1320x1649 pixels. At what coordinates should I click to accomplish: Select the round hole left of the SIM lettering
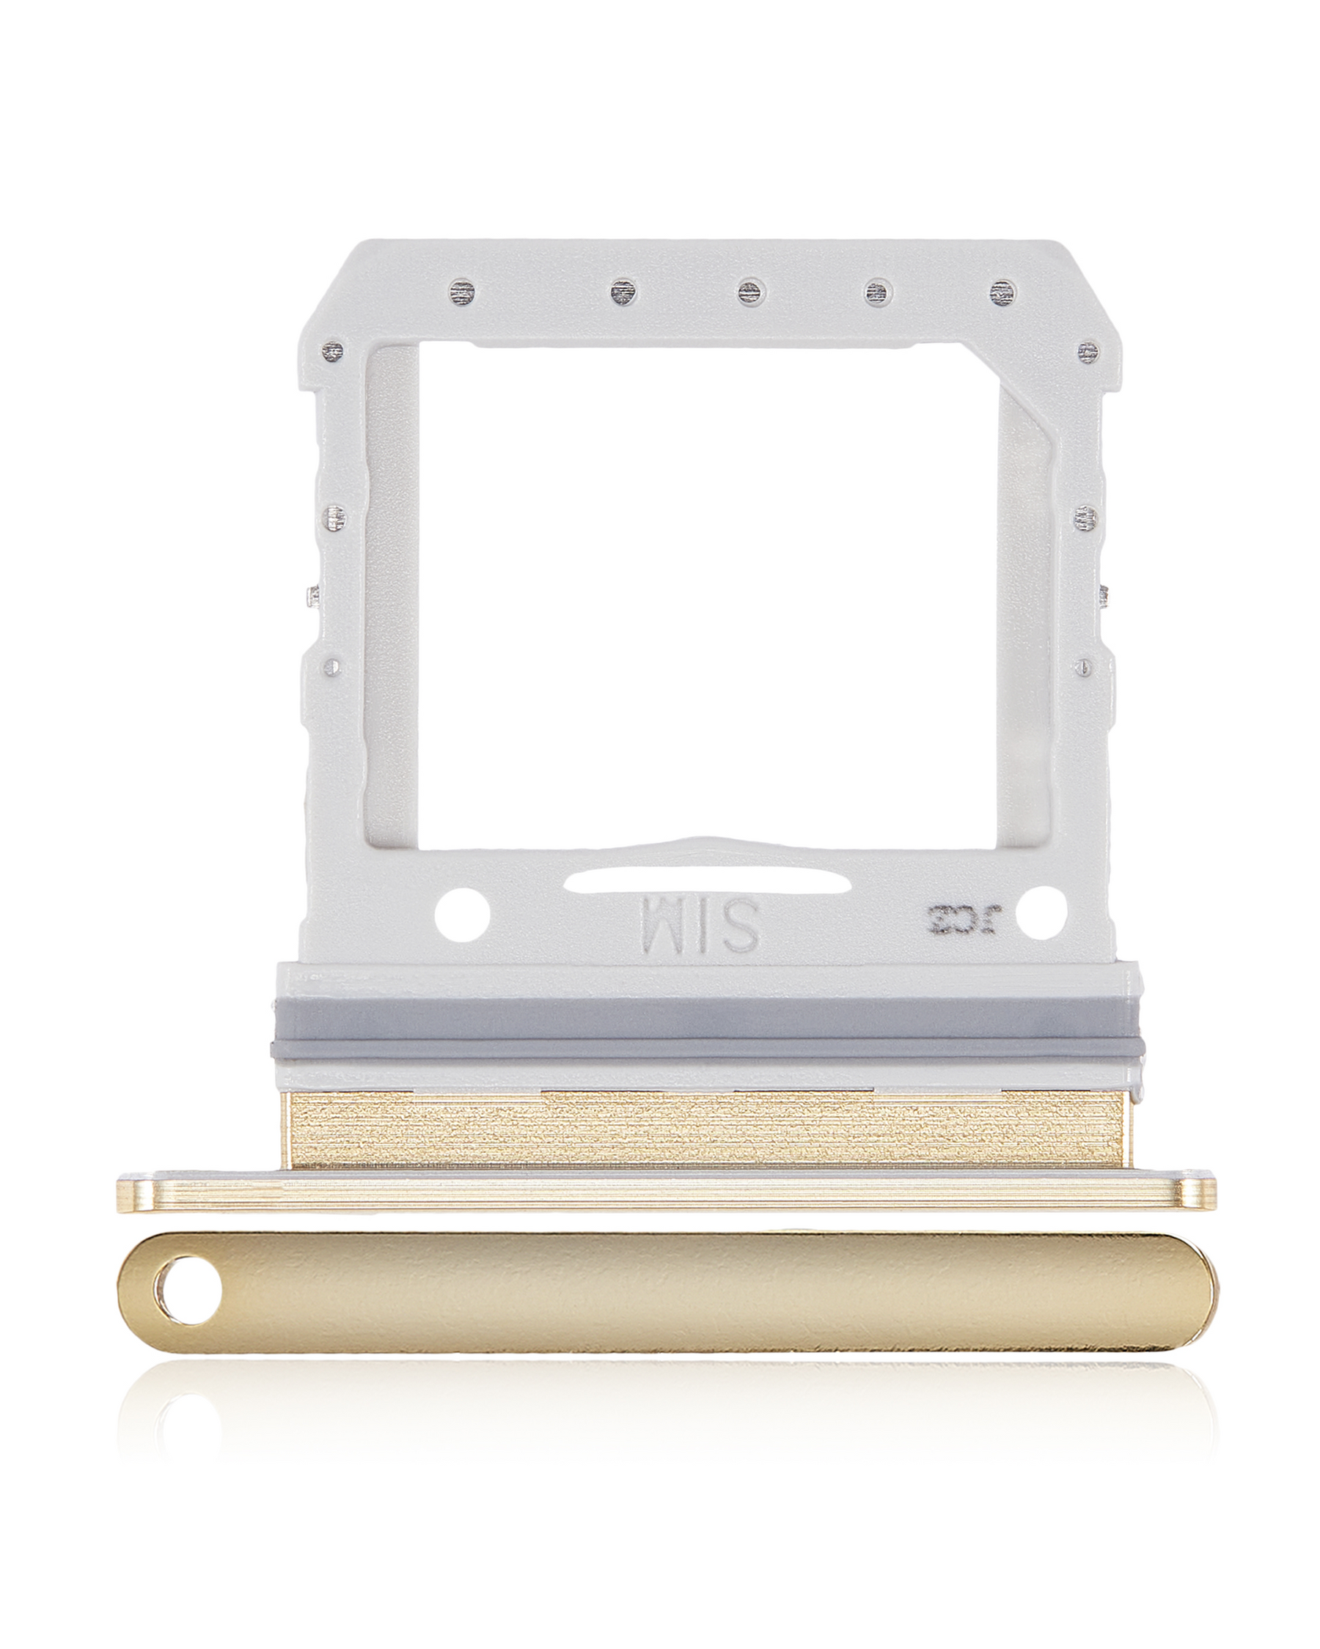[461, 913]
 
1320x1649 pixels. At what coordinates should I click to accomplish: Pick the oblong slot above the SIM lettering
[707, 884]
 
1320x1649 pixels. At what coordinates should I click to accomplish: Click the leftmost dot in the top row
[462, 291]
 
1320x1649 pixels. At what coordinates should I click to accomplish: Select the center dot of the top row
[749, 292]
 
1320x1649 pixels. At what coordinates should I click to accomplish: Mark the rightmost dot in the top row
[1002, 291]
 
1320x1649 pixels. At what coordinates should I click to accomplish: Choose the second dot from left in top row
[623, 292]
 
